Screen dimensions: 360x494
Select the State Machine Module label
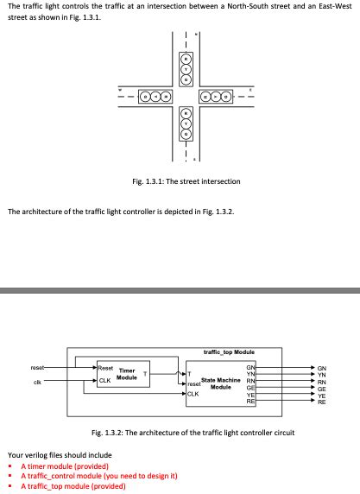(220, 383)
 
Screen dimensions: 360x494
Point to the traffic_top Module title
(229, 351)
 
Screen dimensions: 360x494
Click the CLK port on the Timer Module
(104, 380)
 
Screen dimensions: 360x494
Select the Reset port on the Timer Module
(107, 368)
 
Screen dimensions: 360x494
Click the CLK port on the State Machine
(193, 395)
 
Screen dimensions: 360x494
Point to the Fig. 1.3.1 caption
(185, 181)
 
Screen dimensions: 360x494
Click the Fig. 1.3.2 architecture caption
(193, 432)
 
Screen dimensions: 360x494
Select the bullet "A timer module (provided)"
(63, 465)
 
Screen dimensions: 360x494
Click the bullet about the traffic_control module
(98, 476)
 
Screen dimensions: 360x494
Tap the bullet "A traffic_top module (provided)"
(73, 486)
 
